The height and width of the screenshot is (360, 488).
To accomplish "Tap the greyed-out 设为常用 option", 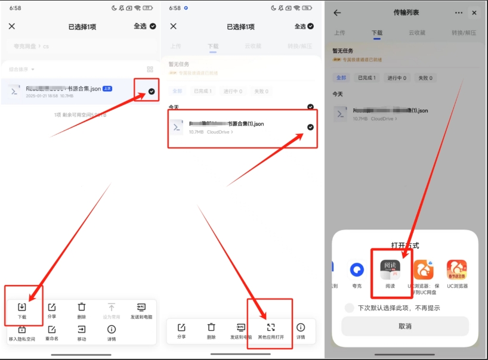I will click(x=112, y=311).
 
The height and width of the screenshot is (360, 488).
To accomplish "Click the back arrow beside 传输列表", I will click(x=337, y=13).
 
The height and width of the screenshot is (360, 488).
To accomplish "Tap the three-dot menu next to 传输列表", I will click(x=459, y=13).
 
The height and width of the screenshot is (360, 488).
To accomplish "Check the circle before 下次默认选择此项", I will click(x=350, y=308).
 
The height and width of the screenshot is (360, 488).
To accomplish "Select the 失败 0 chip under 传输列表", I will click(x=424, y=77).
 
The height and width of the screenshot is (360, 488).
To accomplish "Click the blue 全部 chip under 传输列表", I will click(x=341, y=77).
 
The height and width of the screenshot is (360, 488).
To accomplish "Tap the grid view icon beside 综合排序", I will click(x=150, y=70).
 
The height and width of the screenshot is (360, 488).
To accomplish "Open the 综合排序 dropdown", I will click(x=24, y=70).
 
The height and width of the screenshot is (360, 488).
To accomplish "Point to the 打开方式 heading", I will click(x=405, y=245).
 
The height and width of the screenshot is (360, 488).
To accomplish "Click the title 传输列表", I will click(x=406, y=13).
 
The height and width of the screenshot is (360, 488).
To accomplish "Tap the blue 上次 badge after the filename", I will click(x=107, y=88).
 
